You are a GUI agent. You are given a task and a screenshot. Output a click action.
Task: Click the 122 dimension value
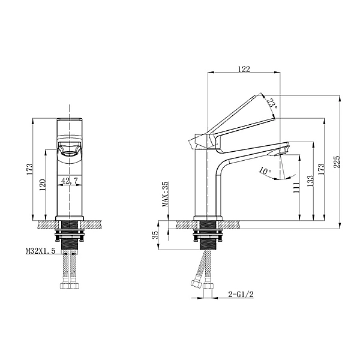point(244,69)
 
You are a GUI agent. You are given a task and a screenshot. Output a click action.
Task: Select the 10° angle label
point(265,170)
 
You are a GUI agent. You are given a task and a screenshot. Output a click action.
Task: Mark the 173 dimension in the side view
point(322,169)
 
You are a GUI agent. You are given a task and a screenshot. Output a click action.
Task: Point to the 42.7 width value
point(71,179)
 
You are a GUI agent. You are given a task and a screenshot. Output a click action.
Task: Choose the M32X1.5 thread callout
point(41,251)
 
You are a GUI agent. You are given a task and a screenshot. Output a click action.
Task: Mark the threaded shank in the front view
point(71,242)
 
